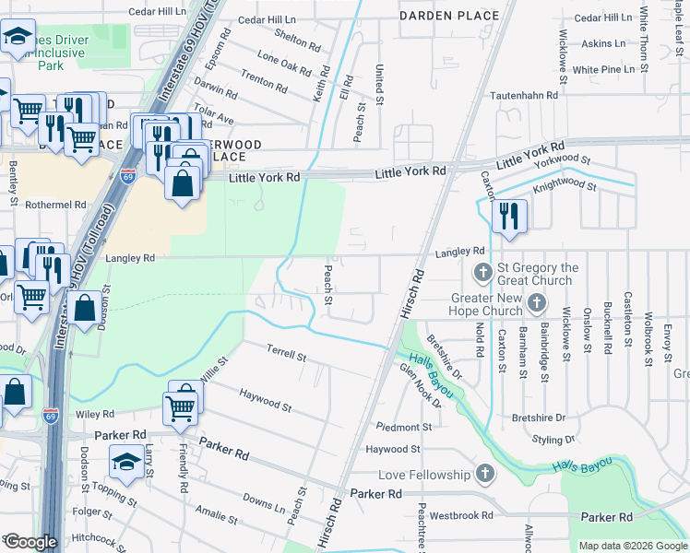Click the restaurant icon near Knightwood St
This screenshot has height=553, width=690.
pos(508,216)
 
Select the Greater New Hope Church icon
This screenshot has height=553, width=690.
pos(538,302)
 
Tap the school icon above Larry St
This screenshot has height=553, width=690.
pos(126,460)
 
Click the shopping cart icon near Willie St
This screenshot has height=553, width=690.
pos(181,405)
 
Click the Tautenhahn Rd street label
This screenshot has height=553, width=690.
pos(525,95)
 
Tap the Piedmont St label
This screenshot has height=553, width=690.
pos(398,427)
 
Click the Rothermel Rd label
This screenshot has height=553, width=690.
pos(55,205)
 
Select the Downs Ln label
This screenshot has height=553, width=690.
pos(263,503)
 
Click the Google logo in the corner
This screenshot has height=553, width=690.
pos(30,542)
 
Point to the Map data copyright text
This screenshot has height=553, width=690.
pos(633,546)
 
